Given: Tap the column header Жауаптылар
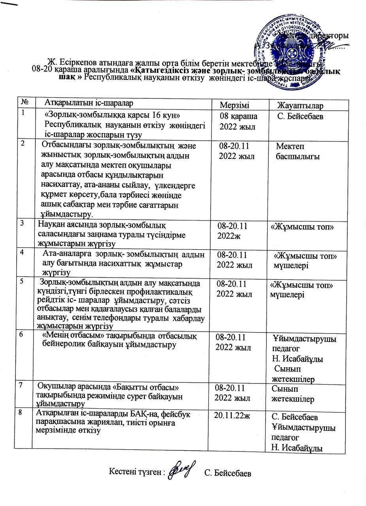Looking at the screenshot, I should click(x=300, y=106).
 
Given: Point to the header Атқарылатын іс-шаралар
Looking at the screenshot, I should click(x=89, y=102).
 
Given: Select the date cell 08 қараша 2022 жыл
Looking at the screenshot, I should click(x=238, y=121).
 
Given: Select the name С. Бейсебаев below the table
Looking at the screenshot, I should click(x=228, y=474).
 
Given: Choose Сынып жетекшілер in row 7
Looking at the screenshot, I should click(x=293, y=394).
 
